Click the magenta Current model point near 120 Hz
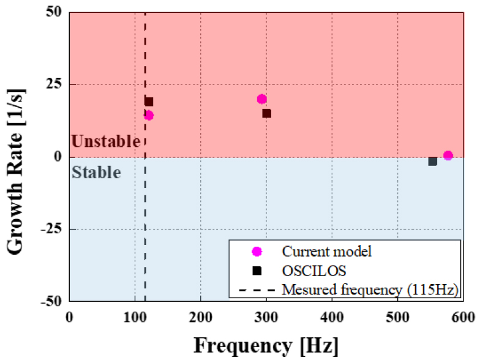pyautogui.click(x=149, y=115)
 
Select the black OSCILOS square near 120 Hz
pyautogui.click(x=149, y=102)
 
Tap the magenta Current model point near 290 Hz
pyautogui.click(x=261, y=99)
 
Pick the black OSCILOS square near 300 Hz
pyautogui.click(x=266, y=113)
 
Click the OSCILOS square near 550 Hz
pyautogui.click(x=432, y=161)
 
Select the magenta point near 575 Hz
pyautogui.click(x=448, y=156)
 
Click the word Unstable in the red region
pyautogui.click(x=106, y=142)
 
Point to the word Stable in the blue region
pyautogui.click(x=97, y=172)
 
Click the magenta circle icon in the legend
pyautogui.click(x=257, y=251)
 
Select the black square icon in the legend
pyautogui.click(x=257, y=271)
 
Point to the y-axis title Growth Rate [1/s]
pyautogui.click(x=17, y=157)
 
